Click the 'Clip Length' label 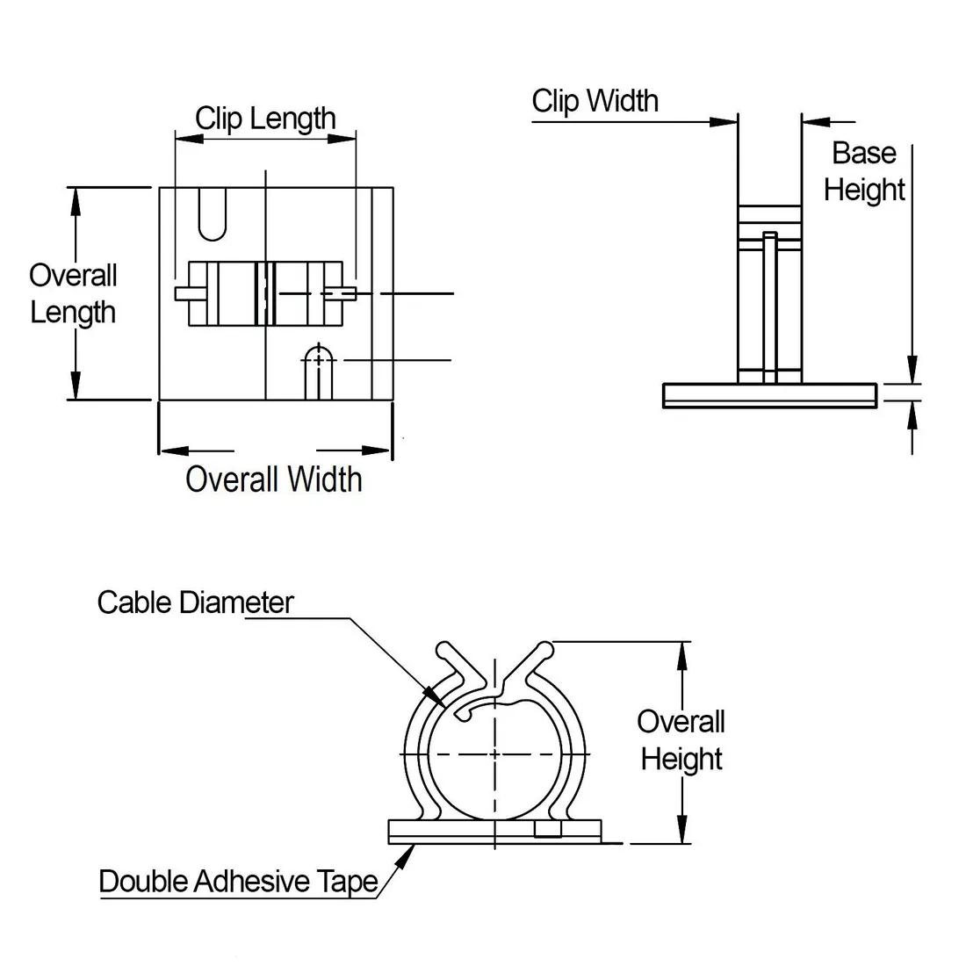pyautogui.click(x=265, y=118)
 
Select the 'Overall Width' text pyautogui.click(x=274, y=479)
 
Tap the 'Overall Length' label pyautogui.click(x=73, y=293)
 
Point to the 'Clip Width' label pyautogui.click(x=595, y=101)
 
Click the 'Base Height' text pyautogui.click(x=864, y=171)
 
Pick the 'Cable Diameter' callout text pyautogui.click(x=195, y=602)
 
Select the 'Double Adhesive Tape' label pyautogui.click(x=238, y=881)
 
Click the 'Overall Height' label pyautogui.click(x=681, y=740)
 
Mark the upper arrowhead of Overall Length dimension pyautogui.click(x=76, y=198)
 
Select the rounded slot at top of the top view pyautogui.click(x=212, y=213)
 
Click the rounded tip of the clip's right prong pyautogui.click(x=546, y=650)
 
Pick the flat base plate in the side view pyautogui.click(x=770, y=395)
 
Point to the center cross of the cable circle pyautogui.click(x=494, y=753)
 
